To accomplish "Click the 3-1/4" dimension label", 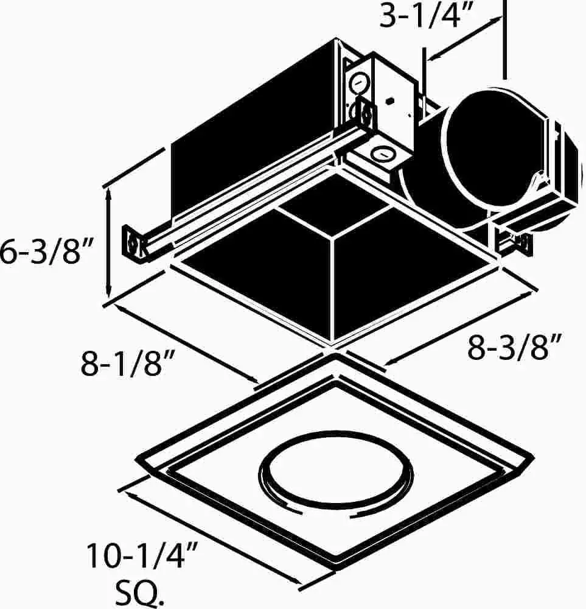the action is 427,16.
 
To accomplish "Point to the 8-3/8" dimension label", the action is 515,347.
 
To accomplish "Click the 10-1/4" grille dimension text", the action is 142,556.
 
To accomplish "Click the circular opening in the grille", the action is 336,474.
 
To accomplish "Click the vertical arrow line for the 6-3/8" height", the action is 110,244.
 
